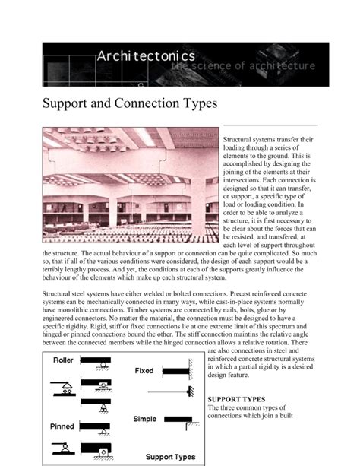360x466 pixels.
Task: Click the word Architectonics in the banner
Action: pyautogui.click(x=145, y=55)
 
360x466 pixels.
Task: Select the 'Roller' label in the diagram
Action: pyautogui.click(x=63, y=361)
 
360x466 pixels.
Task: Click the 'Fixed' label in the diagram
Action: pyautogui.click(x=144, y=371)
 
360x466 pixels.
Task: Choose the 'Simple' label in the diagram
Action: pyautogui.click(x=145, y=419)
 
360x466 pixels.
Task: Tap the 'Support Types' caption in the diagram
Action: pyautogui.click(x=170, y=457)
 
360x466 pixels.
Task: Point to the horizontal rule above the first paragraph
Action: pyautogui.click(x=270, y=125)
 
